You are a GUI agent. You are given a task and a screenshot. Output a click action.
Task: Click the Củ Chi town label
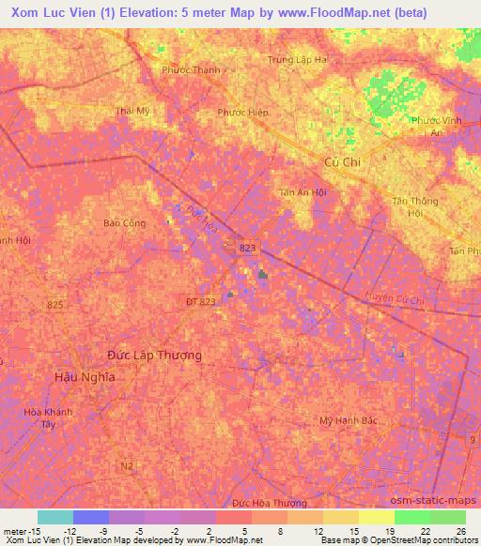click(342, 161)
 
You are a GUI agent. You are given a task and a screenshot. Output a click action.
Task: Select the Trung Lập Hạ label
click(298, 59)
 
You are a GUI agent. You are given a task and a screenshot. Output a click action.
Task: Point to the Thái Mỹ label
click(132, 111)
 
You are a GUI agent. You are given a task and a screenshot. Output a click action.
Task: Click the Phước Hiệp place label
click(242, 113)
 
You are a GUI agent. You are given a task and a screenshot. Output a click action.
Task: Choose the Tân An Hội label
click(302, 192)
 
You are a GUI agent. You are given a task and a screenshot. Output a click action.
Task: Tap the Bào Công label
click(124, 223)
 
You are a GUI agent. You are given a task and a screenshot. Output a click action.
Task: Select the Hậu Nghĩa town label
click(85, 376)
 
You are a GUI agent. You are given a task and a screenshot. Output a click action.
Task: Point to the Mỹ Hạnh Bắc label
click(349, 420)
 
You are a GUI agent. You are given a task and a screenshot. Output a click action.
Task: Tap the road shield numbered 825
click(55, 306)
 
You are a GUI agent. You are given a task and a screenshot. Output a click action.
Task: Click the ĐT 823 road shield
click(200, 300)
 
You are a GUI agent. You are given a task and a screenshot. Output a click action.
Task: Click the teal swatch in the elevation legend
click(55, 517)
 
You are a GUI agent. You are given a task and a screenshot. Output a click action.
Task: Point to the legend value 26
click(461, 531)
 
